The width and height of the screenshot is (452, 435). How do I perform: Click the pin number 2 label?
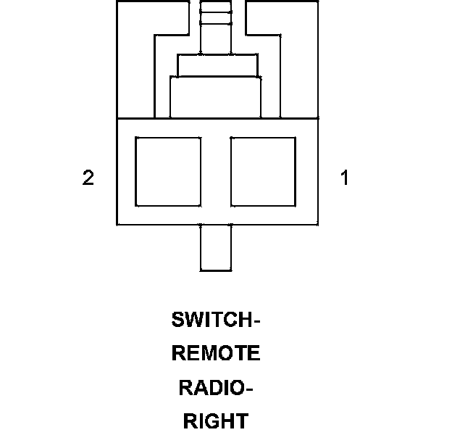88,178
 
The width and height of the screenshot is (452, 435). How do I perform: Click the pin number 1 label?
345,178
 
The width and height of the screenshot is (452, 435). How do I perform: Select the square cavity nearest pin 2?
168,172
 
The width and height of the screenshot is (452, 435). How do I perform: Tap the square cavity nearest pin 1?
263,172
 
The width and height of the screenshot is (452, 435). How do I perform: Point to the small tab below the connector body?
216,247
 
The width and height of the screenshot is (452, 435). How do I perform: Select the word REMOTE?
215,354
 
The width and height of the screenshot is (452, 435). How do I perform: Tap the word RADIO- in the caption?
215,388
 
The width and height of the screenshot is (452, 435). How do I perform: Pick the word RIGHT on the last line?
215,421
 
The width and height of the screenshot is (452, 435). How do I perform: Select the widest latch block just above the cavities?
215,97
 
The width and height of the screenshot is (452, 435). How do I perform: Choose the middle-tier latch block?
215,65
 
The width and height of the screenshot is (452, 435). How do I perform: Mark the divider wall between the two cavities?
216,172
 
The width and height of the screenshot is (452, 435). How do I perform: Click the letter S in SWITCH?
177,320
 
